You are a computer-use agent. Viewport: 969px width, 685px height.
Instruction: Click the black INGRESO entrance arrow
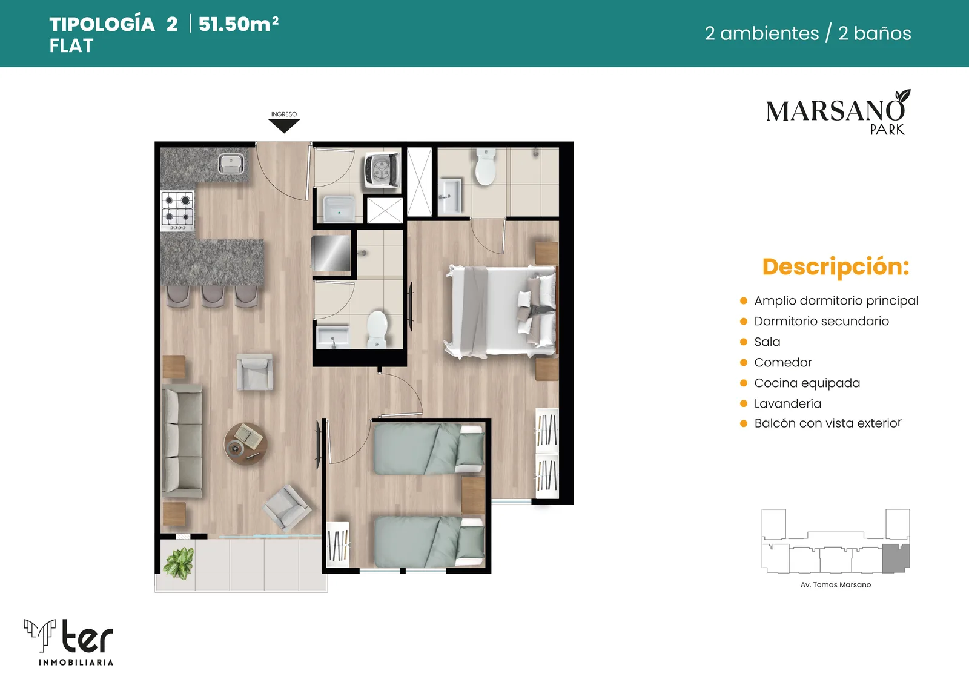[x=284, y=125]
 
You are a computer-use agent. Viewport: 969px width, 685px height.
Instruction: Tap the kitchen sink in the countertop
[x=231, y=164]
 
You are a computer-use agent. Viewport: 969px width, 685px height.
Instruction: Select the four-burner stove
[x=177, y=211]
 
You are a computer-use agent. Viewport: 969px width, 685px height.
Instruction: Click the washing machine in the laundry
[x=381, y=170]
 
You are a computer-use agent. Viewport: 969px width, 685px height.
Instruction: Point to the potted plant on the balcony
[x=179, y=562]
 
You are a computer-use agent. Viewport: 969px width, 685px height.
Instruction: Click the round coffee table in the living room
[x=245, y=444]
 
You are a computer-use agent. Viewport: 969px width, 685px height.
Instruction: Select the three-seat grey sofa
[x=182, y=441]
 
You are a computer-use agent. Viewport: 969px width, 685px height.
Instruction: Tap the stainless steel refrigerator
[x=331, y=253]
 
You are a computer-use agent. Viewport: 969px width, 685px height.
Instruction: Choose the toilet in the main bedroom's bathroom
[x=485, y=166]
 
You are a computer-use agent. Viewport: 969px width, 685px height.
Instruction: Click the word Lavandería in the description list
[x=787, y=403]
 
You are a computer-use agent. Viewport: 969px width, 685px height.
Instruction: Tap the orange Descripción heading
[x=836, y=267]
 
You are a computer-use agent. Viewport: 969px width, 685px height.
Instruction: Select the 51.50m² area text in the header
[x=239, y=24]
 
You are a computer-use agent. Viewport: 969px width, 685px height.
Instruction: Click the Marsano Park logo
[x=838, y=113]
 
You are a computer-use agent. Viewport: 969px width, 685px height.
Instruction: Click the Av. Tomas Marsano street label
[x=835, y=584]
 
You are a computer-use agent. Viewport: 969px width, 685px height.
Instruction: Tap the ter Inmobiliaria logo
[x=69, y=642]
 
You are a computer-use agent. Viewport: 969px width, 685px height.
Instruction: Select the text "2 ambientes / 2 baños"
[x=808, y=33]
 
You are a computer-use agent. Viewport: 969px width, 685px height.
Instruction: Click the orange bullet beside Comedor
[x=744, y=362]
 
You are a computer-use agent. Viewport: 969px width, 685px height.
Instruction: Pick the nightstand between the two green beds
[x=473, y=495]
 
